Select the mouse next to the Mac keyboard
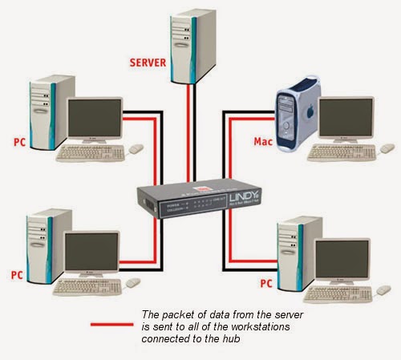click(x=387, y=149)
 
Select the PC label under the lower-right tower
click(x=266, y=283)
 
